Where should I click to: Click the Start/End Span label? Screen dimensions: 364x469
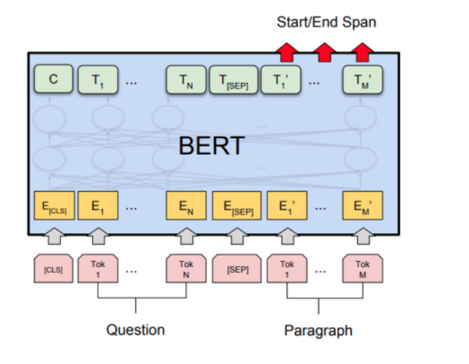tap(326, 22)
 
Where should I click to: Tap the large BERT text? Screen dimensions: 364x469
tap(212, 146)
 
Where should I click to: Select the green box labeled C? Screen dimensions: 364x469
tap(53, 80)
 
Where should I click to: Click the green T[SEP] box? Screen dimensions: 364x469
tap(233, 80)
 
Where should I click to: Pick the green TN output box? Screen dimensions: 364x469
tap(186, 80)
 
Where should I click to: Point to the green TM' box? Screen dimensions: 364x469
tap(361, 80)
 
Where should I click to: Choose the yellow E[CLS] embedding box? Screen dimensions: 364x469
tap(53, 205)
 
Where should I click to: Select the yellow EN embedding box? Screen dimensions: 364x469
tap(187, 205)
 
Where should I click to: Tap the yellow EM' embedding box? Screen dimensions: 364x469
tap(361, 205)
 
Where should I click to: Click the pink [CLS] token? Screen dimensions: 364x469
tap(53, 269)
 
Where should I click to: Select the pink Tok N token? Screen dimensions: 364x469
tap(187, 268)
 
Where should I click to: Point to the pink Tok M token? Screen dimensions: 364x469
tap(361, 268)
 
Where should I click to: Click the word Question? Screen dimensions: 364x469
tap(135, 330)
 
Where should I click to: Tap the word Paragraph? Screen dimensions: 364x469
tap(318, 331)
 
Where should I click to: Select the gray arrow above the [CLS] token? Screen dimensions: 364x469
tap(53, 236)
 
